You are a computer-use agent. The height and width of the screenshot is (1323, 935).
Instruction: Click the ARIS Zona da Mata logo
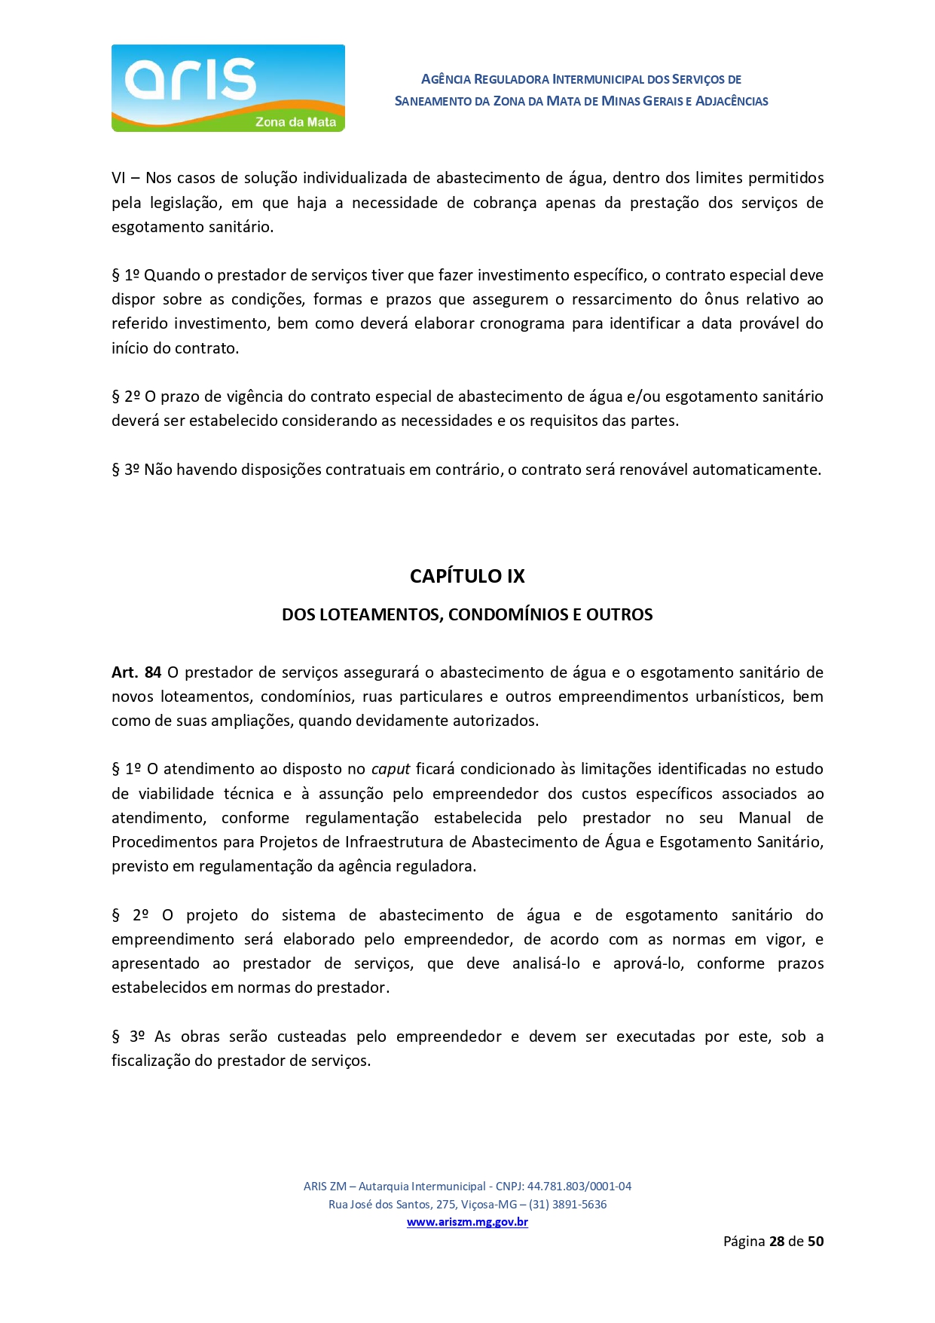pyautogui.click(x=228, y=88)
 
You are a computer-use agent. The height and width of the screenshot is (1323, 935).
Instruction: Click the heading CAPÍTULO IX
pyautogui.click(x=467, y=576)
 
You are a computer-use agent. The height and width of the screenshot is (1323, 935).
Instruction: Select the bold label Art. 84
pyautogui.click(x=136, y=672)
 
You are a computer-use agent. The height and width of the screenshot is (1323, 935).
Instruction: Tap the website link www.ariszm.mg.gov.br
pyautogui.click(x=467, y=1222)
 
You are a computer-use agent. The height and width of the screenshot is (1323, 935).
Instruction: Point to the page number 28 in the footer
pyautogui.click(x=777, y=1241)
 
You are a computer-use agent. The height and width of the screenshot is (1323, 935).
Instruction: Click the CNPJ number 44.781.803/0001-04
pyautogui.click(x=579, y=1186)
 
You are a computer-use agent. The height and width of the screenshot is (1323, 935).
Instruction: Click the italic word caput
pyautogui.click(x=390, y=769)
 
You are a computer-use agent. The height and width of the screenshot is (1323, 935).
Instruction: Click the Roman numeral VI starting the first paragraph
pyautogui.click(x=118, y=178)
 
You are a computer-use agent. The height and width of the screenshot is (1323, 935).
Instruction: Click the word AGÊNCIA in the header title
pyautogui.click(x=446, y=79)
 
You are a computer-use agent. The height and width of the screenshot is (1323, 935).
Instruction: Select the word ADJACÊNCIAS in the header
pyautogui.click(x=732, y=101)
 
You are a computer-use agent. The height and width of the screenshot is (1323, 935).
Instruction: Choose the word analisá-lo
pyautogui.click(x=545, y=963)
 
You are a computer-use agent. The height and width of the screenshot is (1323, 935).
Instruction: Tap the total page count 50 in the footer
pyautogui.click(x=815, y=1241)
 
